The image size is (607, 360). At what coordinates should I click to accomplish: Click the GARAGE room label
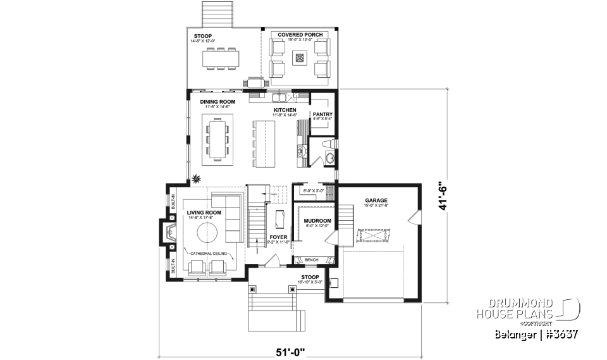click(376, 201)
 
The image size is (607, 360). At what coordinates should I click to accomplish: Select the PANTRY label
click(322, 115)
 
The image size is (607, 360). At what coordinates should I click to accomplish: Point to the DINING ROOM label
click(218, 102)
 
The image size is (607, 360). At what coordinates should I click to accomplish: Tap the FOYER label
click(278, 237)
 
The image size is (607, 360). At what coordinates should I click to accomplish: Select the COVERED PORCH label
click(300, 35)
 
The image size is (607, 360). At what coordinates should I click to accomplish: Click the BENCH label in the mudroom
click(311, 259)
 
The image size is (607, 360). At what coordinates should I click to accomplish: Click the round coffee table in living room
click(210, 233)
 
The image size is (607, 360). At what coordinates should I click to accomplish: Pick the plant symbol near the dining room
click(197, 180)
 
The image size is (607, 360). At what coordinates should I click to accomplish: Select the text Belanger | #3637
click(537, 334)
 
